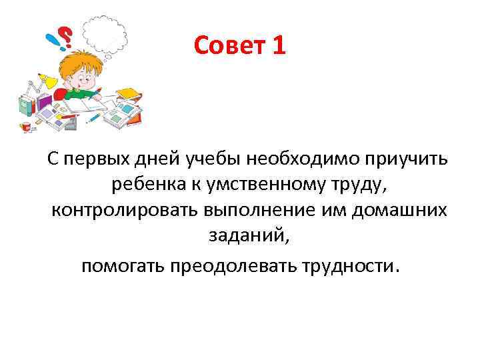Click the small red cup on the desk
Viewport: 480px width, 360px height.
(26, 125)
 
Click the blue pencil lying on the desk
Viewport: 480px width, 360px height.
(94, 117)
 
